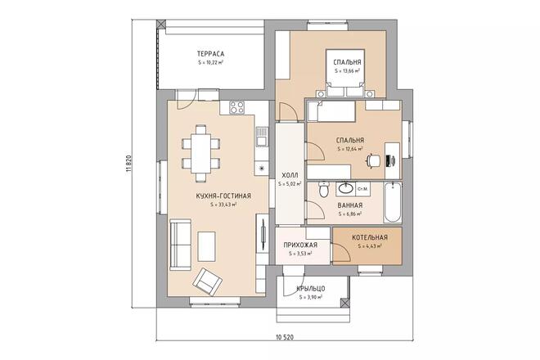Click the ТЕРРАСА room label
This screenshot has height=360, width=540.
click(210, 53)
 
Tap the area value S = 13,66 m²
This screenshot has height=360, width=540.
click(349, 71)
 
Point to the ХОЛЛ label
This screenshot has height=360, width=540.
click(290, 175)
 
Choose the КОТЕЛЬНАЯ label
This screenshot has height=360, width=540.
click(369, 238)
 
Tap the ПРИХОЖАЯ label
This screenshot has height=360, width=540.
click(300, 245)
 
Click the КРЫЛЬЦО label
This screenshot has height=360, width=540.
click(311, 288)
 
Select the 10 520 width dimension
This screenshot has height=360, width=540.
click(286, 337)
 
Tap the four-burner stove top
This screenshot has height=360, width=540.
click(238, 106)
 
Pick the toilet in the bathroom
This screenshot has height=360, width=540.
click(325, 191)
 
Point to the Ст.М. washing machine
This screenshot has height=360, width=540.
click(362, 189)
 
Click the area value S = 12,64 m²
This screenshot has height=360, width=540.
click(349, 150)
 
